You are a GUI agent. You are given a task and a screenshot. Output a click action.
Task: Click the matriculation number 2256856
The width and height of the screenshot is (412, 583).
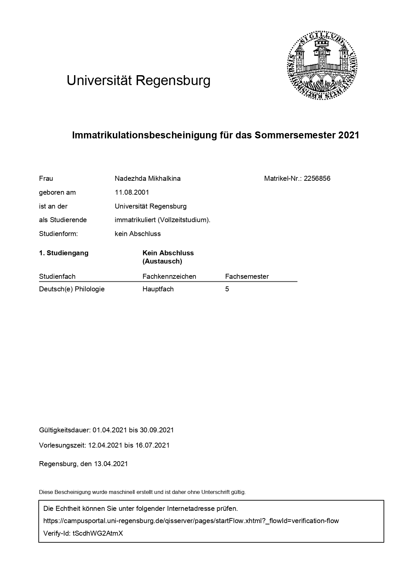click(x=317, y=178)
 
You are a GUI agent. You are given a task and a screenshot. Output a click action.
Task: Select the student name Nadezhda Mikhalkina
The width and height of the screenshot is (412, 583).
click(x=147, y=178)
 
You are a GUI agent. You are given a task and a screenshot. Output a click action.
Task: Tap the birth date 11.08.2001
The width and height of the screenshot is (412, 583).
click(x=132, y=192)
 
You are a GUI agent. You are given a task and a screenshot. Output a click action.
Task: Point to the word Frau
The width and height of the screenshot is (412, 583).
click(x=46, y=178)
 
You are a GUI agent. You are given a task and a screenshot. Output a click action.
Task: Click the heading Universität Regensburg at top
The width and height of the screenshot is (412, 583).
click(x=139, y=80)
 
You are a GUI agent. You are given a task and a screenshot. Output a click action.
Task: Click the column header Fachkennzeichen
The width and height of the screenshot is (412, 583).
click(x=169, y=276)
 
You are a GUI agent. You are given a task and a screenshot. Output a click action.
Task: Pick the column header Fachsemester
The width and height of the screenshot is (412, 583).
click(x=247, y=276)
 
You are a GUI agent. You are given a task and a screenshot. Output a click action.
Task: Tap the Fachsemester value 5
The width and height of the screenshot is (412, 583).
click(x=227, y=289)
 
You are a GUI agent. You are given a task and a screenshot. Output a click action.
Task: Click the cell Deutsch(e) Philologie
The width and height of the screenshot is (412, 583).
click(x=72, y=289)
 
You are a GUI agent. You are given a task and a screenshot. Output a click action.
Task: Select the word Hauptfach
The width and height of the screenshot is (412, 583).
click(x=158, y=289)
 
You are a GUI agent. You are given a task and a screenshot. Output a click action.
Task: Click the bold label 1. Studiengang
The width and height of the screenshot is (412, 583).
click(x=64, y=253)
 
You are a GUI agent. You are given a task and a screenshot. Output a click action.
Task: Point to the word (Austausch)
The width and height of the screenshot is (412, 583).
click(x=162, y=261)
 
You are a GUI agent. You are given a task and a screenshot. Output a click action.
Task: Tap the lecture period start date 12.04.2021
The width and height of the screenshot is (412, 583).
click(x=105, y=445)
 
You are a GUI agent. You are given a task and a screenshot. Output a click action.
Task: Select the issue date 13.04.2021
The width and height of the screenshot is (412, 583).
click(x=111, y=464)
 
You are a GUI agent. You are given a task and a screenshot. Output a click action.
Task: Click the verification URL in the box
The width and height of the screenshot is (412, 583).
click(x=191, y=521)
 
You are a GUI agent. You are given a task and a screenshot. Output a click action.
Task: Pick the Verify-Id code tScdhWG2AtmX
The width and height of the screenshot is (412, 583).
click(x=98, y=533)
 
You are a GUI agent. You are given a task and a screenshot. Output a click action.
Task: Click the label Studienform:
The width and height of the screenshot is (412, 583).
click(x=59, y=234)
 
